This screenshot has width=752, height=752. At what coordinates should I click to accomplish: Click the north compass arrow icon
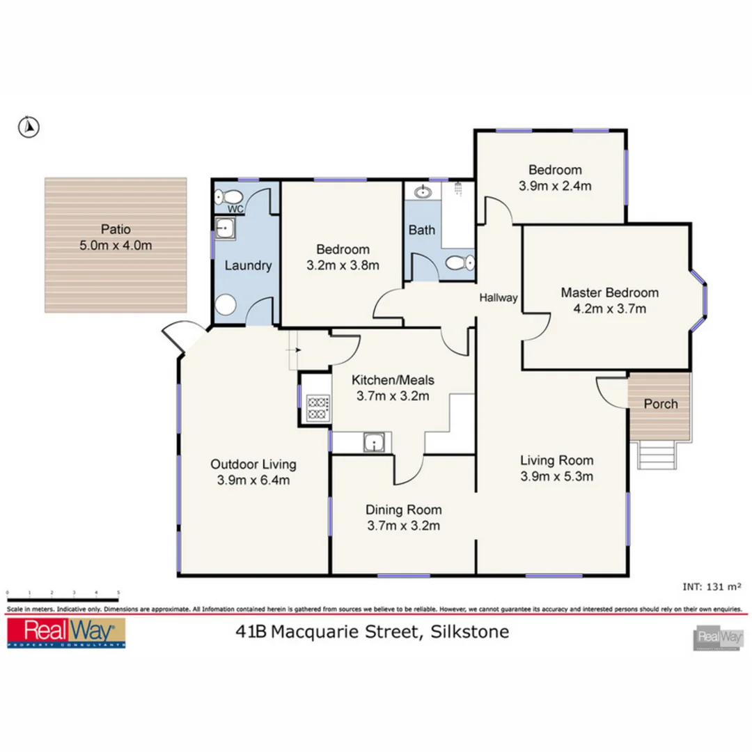click(29, 127)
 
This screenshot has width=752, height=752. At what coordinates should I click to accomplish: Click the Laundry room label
click(247, 265)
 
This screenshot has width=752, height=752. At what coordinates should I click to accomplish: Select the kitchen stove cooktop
click(318, 407)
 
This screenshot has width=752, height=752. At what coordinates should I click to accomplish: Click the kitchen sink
click(375, 442)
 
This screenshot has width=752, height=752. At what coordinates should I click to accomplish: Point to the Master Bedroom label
click(609, 292)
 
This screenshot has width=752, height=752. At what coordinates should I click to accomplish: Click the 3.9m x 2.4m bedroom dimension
click(554, 186)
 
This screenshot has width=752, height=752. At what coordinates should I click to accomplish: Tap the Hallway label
click(498, 298)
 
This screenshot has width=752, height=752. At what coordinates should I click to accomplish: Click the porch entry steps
click(657, 457)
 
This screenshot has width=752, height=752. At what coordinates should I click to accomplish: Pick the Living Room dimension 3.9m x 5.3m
click(556, 476)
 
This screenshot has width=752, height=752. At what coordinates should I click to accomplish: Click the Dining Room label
click(404, 510)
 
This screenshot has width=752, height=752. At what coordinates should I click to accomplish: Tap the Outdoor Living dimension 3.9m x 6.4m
click(253, 480)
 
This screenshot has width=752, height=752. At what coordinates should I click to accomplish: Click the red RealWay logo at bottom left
click(65, 633)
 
